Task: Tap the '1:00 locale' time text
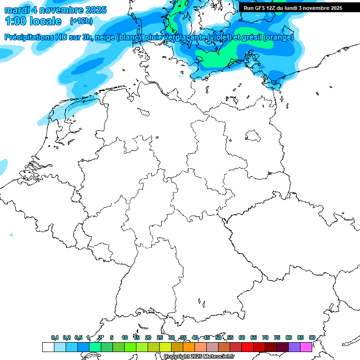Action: pyautogui.click(x=33, y=21)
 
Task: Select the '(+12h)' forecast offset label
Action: pyautogui.click(x=81, y=21)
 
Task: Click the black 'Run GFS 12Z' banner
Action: pyautogui.click(x=293, y=8)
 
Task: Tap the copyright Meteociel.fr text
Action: pyautogui.click(x=199, y=357)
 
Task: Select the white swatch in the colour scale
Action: pyautogui.click(x=48, y=347)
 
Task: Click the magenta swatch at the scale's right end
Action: pyautogui.click(x=306, y=347)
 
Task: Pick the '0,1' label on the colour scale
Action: pyautogui.click(x=55, y=337)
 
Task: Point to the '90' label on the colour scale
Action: pyautogui.click(x=312, y=337)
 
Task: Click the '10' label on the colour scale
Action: pyautogui.click(x=125, y=337)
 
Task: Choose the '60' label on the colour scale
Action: pyautogui.click(x=242, y=337)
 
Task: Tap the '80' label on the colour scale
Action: pyautogui.click(x=289, y=337)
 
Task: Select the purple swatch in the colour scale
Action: pyautogui.click(x=294, y=347)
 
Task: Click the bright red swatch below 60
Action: pyautogui.click(x=247, y=347)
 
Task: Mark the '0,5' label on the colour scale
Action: pyautogui.click(x=78, y=337)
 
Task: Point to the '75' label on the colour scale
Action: pyautogui.click(x=277, y=337)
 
